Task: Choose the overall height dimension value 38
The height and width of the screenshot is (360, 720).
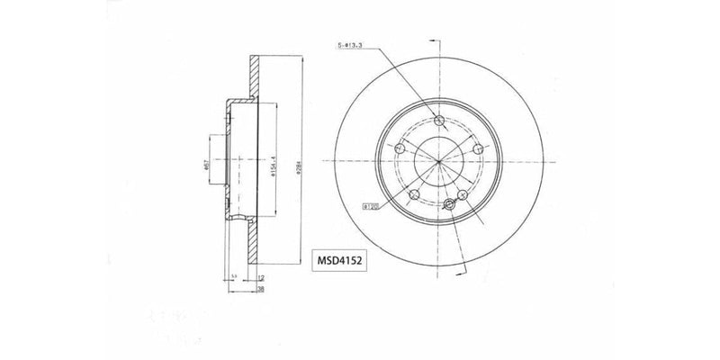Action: tap(259, 291)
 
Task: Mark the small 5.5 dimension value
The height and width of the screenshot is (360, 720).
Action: tap(233, 277)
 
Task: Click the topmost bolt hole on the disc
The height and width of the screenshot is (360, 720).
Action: tap(438, 122)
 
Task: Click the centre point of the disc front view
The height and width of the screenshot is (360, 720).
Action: tap(438, 162)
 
